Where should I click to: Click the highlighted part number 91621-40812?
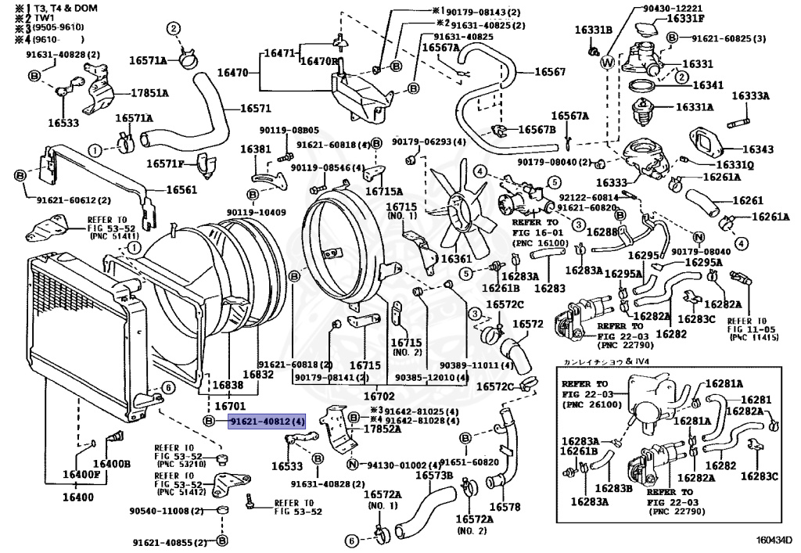[266, 422]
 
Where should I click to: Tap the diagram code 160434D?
[773, 540]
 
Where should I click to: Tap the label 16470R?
[320, 61]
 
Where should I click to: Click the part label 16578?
[504, 507]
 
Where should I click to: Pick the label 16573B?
[433, 476]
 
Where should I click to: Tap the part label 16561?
[181, 189]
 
